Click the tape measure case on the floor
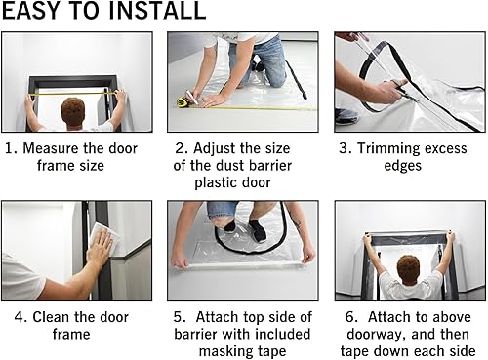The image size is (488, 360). click(183, 100)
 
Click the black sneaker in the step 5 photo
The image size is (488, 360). click(257, 231)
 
